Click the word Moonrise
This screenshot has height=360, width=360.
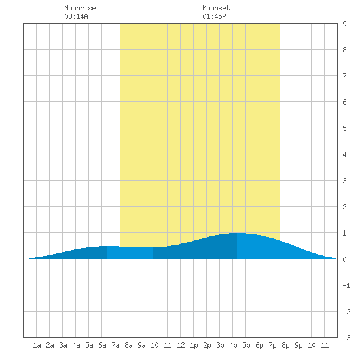(x=80, y=8)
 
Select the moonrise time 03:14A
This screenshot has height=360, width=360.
(x=76, y=16)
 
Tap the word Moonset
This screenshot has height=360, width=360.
(x=216, y=8)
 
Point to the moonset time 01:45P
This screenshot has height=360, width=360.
(x=214, y=16)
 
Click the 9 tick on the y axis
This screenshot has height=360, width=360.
(x=344, y=24)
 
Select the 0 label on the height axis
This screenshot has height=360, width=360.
(x=344, y=259)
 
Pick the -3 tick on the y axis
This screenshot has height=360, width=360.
(x=346, y=338)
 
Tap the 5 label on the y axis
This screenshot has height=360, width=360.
(x=344, y=128)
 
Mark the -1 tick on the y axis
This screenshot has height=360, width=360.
(x=346, y=285)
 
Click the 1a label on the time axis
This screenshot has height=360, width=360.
(x=37, y=345)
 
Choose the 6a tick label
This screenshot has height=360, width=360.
(x=102, y=345)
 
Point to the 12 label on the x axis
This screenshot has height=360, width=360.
(x=181, y=345)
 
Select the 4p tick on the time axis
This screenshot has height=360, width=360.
(x=233, y=345)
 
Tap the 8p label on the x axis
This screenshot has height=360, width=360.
(x=285, y=345)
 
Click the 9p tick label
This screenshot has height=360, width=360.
(x=298, y=345)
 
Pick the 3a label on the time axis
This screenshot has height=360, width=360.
(x=63, y=345)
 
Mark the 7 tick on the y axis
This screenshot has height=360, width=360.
(x=344, y=76)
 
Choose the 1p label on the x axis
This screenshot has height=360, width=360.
(x=194, y=345)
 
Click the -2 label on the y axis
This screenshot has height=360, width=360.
(x=346, y=312)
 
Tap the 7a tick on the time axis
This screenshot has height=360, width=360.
(x=115, y=345)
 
